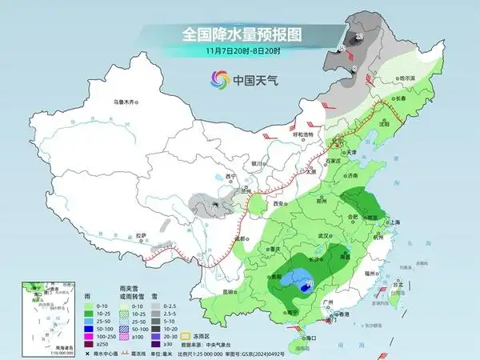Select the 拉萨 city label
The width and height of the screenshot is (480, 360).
142,235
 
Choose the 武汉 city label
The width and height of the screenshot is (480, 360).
325,235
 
